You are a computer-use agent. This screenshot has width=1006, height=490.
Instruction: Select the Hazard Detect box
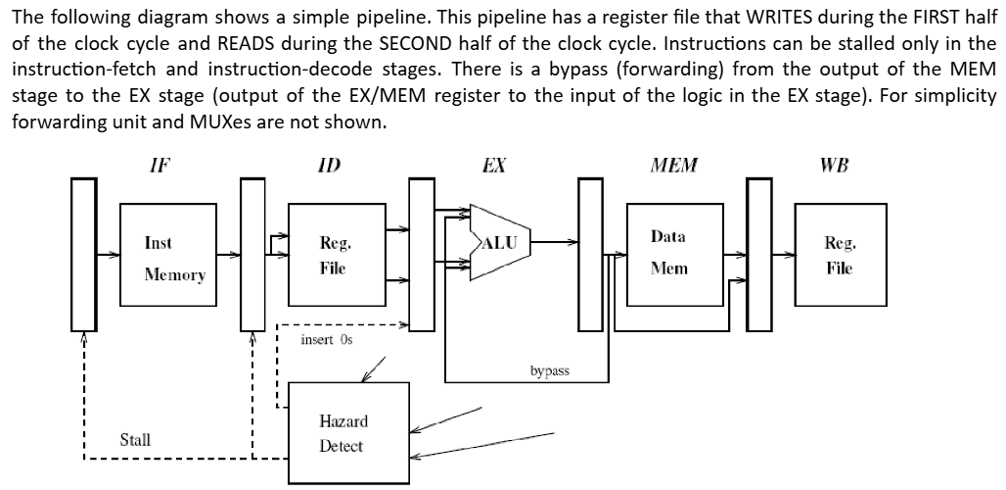342,432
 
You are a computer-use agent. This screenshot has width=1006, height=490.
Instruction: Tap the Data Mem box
668,252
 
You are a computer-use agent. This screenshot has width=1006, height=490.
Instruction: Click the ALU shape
500,243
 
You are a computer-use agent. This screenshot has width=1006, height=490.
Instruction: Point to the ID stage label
330,165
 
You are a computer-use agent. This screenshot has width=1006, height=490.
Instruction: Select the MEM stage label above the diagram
674,165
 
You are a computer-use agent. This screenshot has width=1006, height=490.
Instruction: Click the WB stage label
835,165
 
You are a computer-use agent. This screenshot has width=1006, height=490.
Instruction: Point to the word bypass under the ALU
549,371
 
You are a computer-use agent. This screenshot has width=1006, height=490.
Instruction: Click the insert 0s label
326,339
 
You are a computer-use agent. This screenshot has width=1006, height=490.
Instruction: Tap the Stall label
134,439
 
